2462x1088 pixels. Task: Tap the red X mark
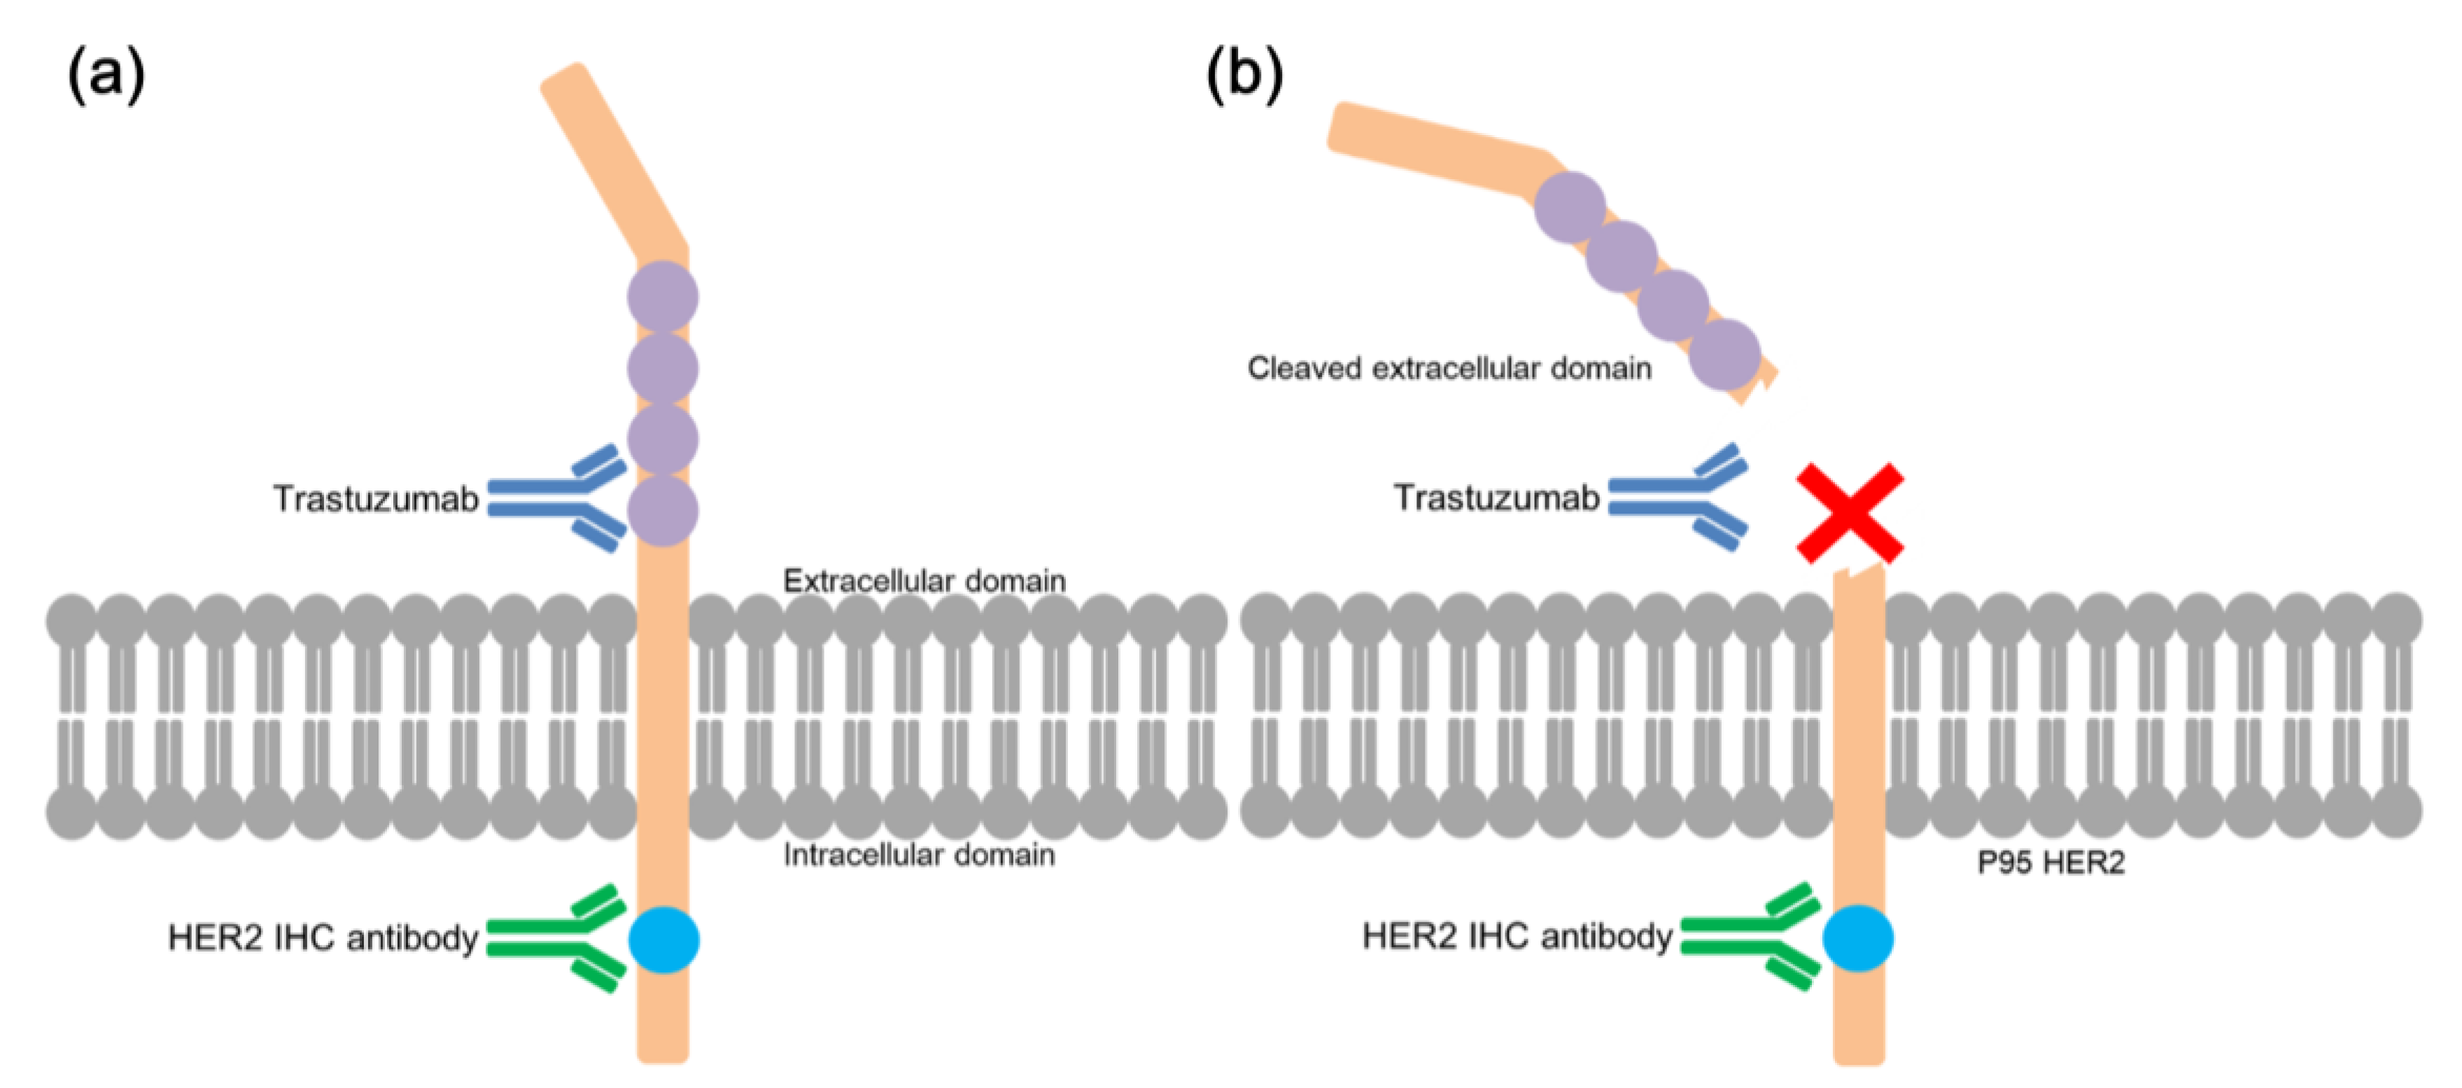[x=1850, y=514]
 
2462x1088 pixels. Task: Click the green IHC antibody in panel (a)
[x=554, y=938]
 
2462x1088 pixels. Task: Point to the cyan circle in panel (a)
[x=663, y=939]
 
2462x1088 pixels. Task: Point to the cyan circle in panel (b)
[x=1858, y=938]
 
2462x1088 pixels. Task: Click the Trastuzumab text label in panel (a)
[x=376, y=499]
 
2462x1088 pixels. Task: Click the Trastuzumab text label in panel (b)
[x=1496, y=497]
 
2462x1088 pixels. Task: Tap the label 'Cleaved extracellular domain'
[x=1449, y=369]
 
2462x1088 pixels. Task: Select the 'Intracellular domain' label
[x=918, y=855]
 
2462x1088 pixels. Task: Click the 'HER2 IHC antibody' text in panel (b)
[x=1517, y=936]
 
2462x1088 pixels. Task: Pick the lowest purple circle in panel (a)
[x=662, y=511]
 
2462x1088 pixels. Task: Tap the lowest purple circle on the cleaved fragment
[x=1724, y=355]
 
